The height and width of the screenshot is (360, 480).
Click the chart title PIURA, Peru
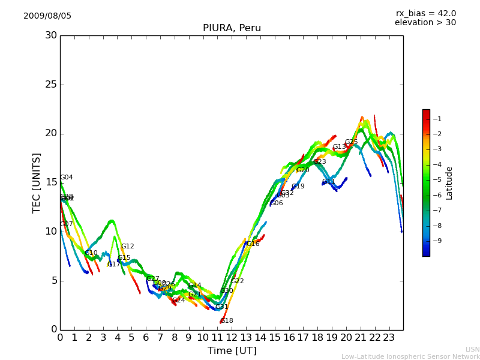point(232,28)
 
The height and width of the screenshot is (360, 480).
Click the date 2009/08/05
point(47,16)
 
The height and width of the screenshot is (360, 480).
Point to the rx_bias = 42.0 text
point(425,14)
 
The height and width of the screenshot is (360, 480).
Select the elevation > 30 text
point(425,23)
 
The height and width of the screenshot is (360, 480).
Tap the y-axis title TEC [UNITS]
point(37,182)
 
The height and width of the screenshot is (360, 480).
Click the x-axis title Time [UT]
point(232,351)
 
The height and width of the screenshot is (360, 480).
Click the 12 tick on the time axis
point(232,338)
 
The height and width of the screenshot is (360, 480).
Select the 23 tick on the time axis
point(389,338)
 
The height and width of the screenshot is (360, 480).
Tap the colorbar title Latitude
point(449,182)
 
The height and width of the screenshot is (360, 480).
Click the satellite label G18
point(227,321)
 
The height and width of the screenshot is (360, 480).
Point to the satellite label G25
point(351,142)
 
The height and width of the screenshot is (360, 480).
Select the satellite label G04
point(66,178)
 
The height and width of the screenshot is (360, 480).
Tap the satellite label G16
point(253,244)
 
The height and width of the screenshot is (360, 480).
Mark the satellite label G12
point(127,247)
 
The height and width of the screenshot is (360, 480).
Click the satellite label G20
point(302,170)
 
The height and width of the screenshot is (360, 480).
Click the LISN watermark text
point(472,349)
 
